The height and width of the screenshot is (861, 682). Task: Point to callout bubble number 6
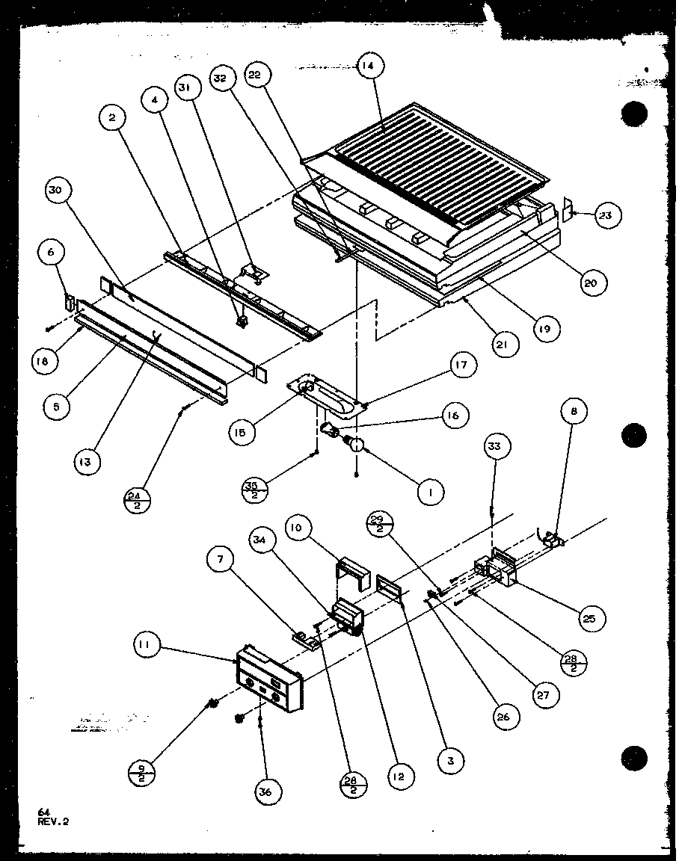coord(51,253)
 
